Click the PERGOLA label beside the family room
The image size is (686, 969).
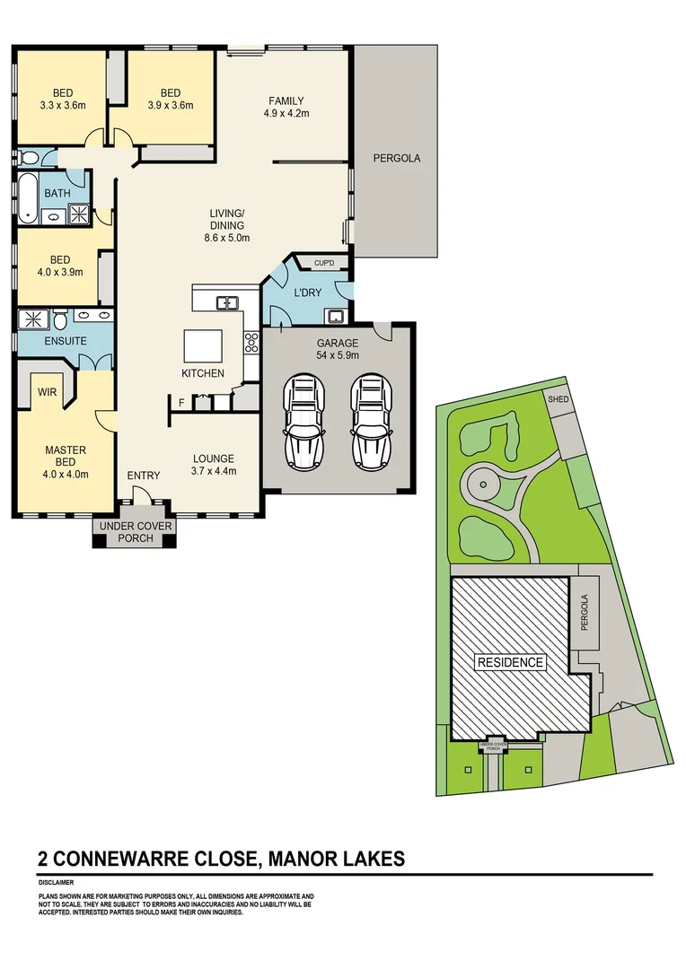(396, 158)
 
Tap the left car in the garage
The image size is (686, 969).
(303, 420)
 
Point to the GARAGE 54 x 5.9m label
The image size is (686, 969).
(337, 349)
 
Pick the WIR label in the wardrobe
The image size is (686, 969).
(46, 392)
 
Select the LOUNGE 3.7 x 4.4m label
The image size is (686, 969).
(213, 464)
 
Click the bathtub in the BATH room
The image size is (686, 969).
(28, 199)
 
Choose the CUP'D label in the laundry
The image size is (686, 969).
(323, 263)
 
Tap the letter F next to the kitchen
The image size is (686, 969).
(181, 404)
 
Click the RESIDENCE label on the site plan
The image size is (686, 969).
(510, 662)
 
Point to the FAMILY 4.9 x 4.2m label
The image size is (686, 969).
(286, 107)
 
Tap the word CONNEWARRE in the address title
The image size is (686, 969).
(124, 859)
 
